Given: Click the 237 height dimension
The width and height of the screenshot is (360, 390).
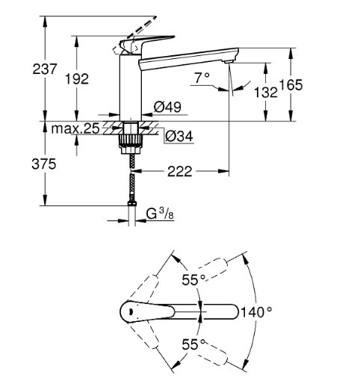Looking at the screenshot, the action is pyautogui.click(x=45, y=69).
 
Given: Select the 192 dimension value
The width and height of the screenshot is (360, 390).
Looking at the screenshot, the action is pyautogui.click(x=77, y=79).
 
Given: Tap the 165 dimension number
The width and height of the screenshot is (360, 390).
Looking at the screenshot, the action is pyautogui.click(x=291, y=84).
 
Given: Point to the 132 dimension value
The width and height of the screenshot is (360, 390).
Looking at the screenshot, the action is pyautogui.click(x=266, y=93).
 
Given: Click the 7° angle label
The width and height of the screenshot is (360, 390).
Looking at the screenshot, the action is pyautogui.click(x=202, y=78).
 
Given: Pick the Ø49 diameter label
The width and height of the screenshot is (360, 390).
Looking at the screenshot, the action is pyautogui.click(x=167, y=107).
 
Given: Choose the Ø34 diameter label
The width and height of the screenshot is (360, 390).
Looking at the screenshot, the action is pyautogui.click(x=179, y=136).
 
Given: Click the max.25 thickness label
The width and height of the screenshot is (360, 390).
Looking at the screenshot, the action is pyautogui.click(x=75, y=129).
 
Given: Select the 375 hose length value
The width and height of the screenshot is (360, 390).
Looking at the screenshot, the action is pyautogui.click(x=44, y=164).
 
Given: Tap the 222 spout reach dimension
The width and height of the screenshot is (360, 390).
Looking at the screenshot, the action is pyautogui.click(x=180, y=171).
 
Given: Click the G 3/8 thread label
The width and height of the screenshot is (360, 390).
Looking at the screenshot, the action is pyautogui.click(x=160, y=214).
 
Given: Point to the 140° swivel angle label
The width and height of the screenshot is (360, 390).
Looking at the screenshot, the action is pyautogui.click(x=256, y=312).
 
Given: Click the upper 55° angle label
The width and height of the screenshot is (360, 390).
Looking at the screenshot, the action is pyautogui.click(x=193, y=279).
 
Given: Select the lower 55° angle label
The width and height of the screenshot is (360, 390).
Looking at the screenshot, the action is pyautogui.click(x=194, y=344).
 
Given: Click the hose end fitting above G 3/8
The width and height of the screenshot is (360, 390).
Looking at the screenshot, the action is pyautogui.click(x=132, y=204).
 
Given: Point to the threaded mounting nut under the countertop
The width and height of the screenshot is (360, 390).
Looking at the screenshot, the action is pyautogui.click(x=131, y=144).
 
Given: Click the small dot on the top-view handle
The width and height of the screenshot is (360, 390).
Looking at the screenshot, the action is pyautogui.click(x=130, y=312).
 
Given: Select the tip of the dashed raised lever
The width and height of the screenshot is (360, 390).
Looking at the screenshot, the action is pyautogui.click(x=155, y=17).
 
